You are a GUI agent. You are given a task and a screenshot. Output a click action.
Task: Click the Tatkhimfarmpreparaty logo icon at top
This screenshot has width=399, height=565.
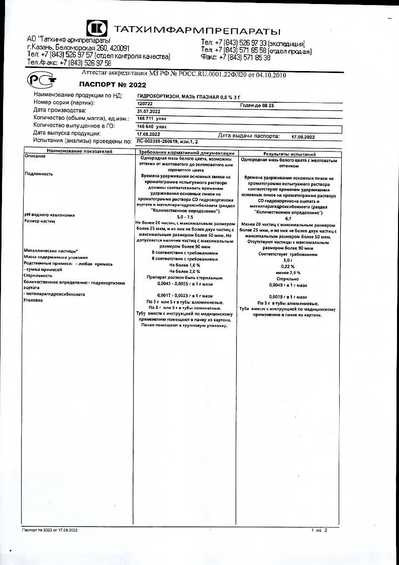[x=96, y=29]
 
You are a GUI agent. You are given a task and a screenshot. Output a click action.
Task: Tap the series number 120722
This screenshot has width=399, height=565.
[x=144, y=103]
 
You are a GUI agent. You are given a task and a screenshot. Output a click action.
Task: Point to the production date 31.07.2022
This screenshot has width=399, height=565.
[x=148, y=111]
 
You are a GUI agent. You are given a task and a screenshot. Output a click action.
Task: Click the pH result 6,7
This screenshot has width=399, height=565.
[x=288, y=219]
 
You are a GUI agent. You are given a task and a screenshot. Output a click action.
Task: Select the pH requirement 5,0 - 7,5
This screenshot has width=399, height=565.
[x=185, y=216]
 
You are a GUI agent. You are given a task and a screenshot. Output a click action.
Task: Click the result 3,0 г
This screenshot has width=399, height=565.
[x=288, y=260]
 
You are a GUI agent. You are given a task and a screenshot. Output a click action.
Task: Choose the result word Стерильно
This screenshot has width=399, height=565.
[x=287, y=278]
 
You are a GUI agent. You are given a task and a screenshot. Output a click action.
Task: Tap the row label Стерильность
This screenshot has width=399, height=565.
[x=38, y=276]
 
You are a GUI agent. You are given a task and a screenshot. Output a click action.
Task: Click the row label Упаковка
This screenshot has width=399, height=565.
[x=33, y=301]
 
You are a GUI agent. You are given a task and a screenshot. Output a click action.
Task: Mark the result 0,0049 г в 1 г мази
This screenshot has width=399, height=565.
[x=287, y=285]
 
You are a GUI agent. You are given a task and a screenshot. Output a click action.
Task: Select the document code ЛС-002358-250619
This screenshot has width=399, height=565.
[x=157, y=142]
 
